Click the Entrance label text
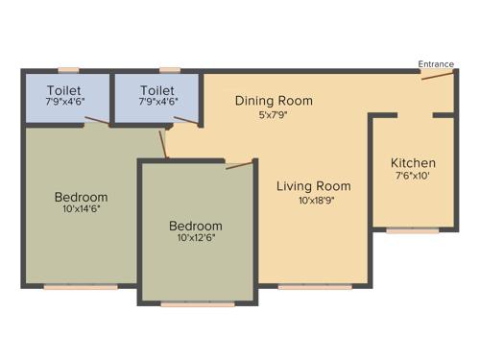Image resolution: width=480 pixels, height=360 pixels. (436, 64)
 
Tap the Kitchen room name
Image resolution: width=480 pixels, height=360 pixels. (413, 163)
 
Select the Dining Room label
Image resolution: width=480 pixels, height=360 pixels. (275, 101)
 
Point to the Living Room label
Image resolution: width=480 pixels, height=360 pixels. (314, 186)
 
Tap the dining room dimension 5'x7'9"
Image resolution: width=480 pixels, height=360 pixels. (275, 115)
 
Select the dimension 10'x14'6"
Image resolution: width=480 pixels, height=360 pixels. (81, 208)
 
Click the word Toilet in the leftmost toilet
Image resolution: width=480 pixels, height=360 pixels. (62, 89)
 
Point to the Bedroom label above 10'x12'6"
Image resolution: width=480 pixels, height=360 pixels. (196, 226)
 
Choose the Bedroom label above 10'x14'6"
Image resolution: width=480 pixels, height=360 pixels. (81, 197)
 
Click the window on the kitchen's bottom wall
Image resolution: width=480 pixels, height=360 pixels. (412, 230)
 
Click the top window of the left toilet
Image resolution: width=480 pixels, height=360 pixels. (67, 69)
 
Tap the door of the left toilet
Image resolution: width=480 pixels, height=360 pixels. (97, 121)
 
